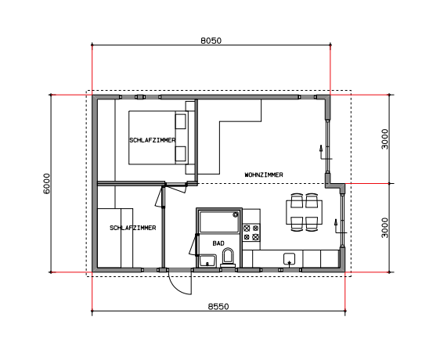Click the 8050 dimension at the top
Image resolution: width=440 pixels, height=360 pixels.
pyautogui.click(x=211, y=41)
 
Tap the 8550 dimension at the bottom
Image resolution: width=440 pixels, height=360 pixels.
pyautogui.click(x=218, y=307)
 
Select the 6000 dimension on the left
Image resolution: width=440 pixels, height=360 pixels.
pyautogui.click(x=46, y=183)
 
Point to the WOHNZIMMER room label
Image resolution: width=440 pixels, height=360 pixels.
pyautogui.click(x=264, y=175)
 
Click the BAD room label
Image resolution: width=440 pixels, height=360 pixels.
pyautogui.click(x=218, y=243)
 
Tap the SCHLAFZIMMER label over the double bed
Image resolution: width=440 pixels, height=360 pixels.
pyautogui.click(x=153, y=140)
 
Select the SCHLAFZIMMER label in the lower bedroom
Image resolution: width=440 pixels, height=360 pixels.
pyautogui.click(x=133, y=228)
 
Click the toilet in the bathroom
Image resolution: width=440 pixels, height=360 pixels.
pyautogui.click(x=228, y=257)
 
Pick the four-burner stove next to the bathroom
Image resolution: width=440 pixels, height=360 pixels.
pyautogui.click(x=251, y=232)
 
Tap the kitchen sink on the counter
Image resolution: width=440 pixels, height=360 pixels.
pyautogui.click(x=290, y=259)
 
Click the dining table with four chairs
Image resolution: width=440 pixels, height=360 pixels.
pyautogui.click(x=305, y=212)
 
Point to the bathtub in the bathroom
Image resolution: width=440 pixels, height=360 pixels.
pyautogui.click(x=218, y=221)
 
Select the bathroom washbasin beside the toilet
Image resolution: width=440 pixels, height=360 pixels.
pyautogui.click(x=207, y=261)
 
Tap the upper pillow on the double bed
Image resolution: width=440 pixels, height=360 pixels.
pyautogui.click(x=181, y=121)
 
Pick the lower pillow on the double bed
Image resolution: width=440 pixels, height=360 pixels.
pyautogui.click(x=181, y=153)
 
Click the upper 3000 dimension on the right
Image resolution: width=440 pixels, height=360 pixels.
pyautogui.click(x=385, y=139)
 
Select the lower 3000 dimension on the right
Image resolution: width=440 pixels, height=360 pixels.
pyautogui.click(x=385, y=228)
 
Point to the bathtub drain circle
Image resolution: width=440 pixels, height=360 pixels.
pyautogui.click(x=236, y=214)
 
